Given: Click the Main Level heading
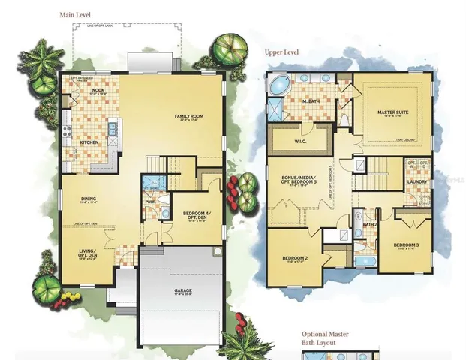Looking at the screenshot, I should pos(79,14).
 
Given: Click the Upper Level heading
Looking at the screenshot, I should pos(283,53).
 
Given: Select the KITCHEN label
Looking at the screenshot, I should pos(89,141).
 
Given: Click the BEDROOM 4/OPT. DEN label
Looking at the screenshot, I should pos(197,217).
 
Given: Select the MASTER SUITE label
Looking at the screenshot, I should pos(392,112).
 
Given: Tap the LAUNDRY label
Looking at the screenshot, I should pos(417,181).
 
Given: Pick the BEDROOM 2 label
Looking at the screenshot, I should pos(294,259).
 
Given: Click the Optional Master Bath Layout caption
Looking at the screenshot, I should pos(325,338).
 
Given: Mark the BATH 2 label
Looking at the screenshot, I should pos(369,224).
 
